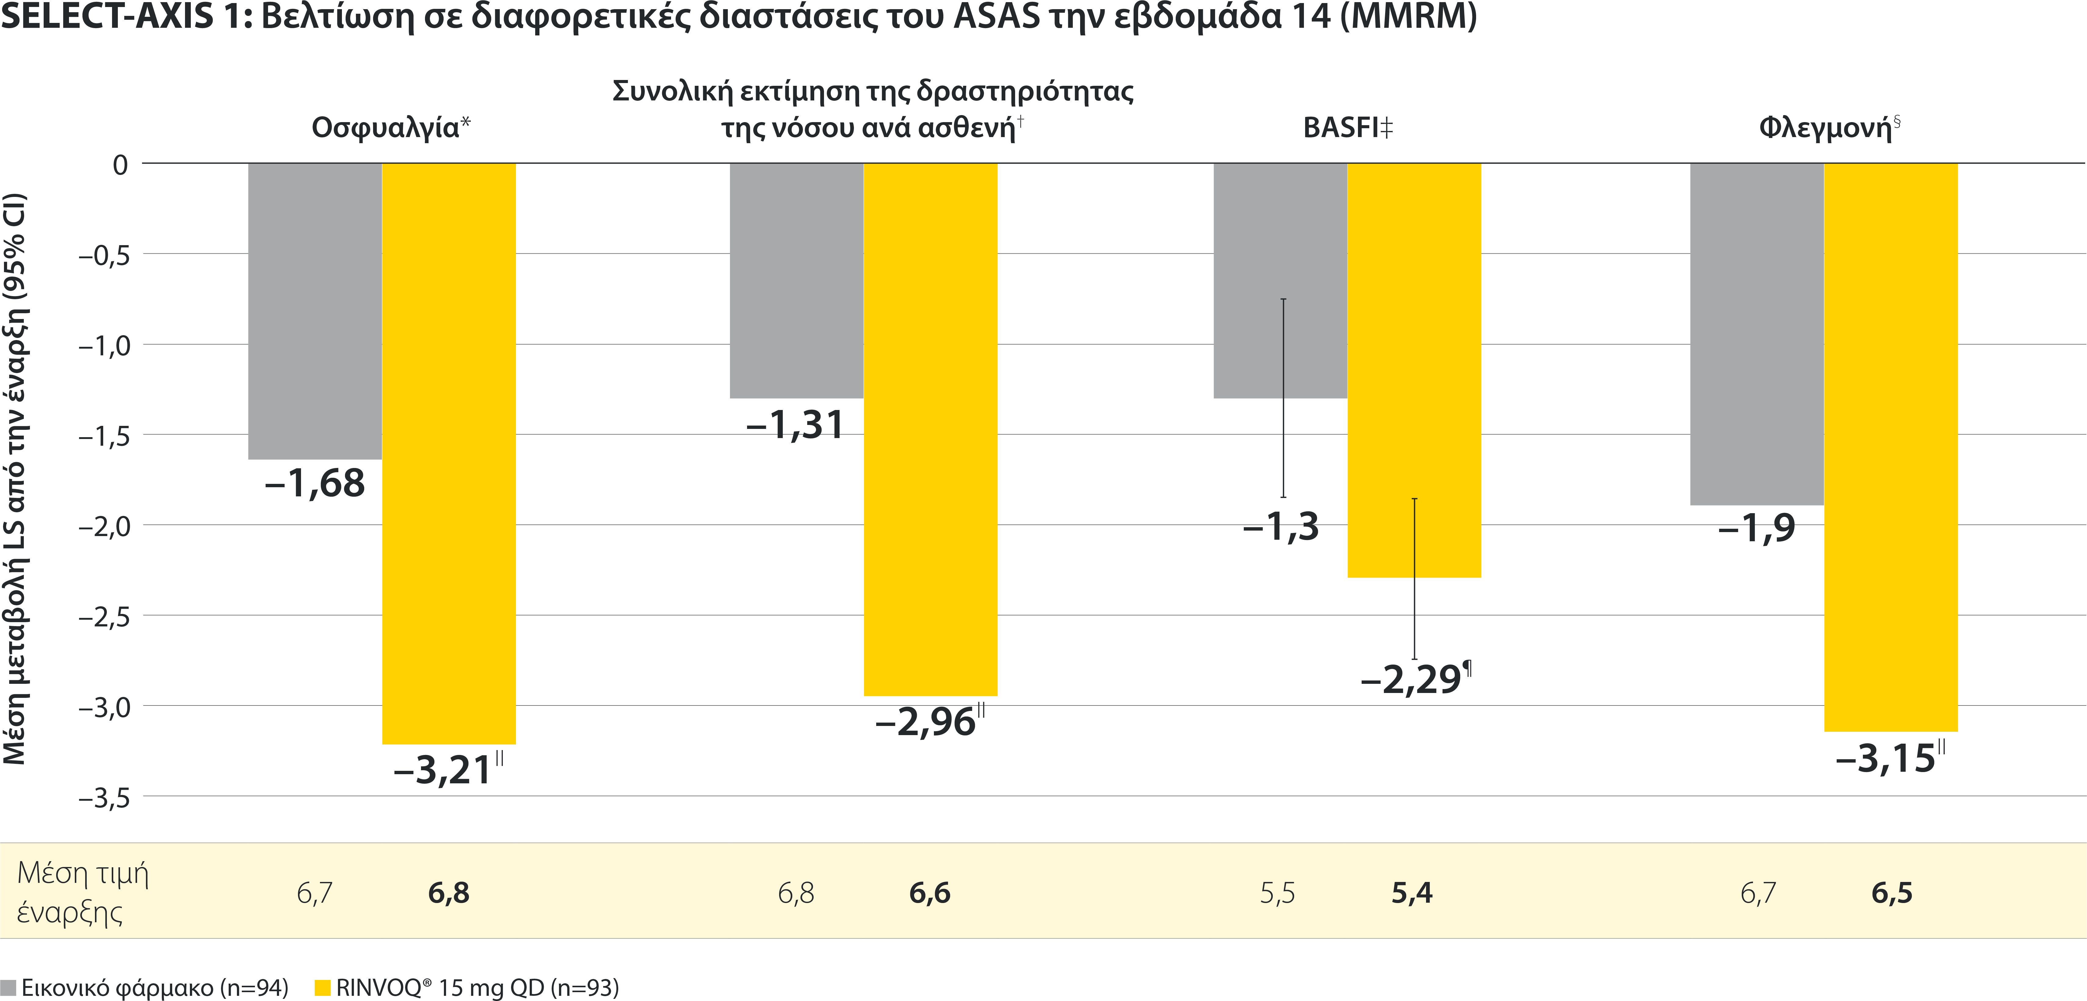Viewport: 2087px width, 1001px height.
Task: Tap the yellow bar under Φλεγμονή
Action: tap(1890, 447)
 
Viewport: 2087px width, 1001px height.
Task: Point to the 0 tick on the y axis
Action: tap(120, 165)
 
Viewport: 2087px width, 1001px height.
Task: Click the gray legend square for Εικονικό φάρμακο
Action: tap(8, 987)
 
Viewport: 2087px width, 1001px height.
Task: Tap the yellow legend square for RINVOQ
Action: tap(322, 987)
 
